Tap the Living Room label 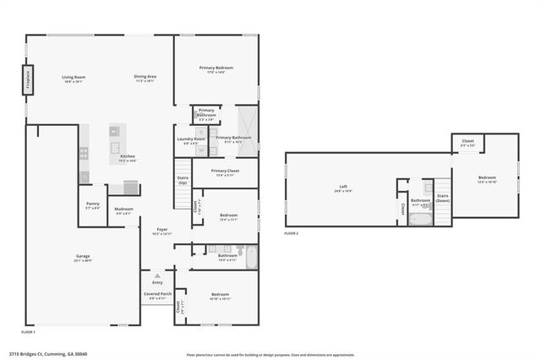click(x=74, y=79)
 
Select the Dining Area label click(x=145, y=79)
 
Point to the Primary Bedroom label click(x=216, y=69)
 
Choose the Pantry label click(x=93, y=205)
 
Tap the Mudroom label click(x=123, y=210)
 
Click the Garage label click(x=83, y=257)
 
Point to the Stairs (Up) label click(x=183, y=180)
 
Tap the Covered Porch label click(x=156, y=296)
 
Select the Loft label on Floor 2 click(x=344, y=188)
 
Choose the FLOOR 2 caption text click(x=292, y=232)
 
